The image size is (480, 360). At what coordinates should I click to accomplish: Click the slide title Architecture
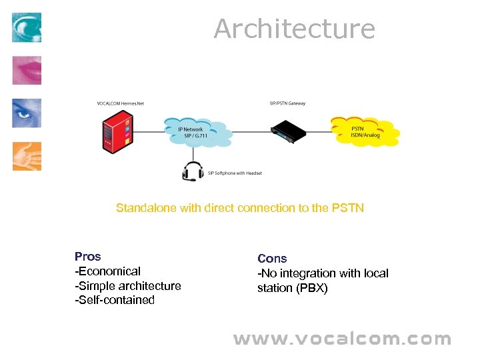click(x=294, y=29)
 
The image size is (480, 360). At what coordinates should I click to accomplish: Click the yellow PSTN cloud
click(x=365, y=131)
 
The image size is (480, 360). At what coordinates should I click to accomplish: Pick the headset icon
click(x=193, y=171)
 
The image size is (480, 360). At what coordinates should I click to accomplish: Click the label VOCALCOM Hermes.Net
click(x=120, y=103)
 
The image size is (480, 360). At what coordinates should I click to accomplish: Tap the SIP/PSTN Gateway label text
click(x=287, y=103)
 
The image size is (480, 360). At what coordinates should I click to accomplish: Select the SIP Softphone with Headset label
click(x=235, y=173)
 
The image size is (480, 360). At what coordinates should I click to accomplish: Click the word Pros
click(x=88, y=257)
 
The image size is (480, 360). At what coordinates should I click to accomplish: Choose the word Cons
click(x=272, y=259)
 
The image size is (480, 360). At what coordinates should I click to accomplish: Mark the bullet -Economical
click(x=108, y=271)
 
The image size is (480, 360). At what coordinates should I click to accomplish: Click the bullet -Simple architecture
click(x=128, y=286)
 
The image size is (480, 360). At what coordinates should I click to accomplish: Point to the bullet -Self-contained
click(x=115, y=300)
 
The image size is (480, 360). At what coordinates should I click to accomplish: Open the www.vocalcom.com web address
click(x=342, y=339)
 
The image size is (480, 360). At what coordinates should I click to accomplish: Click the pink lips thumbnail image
click(x=27, y=71)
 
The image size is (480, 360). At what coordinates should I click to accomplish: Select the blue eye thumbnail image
click(x=27, y=113)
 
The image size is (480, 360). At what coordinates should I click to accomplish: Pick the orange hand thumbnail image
click(x=27, y=156)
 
